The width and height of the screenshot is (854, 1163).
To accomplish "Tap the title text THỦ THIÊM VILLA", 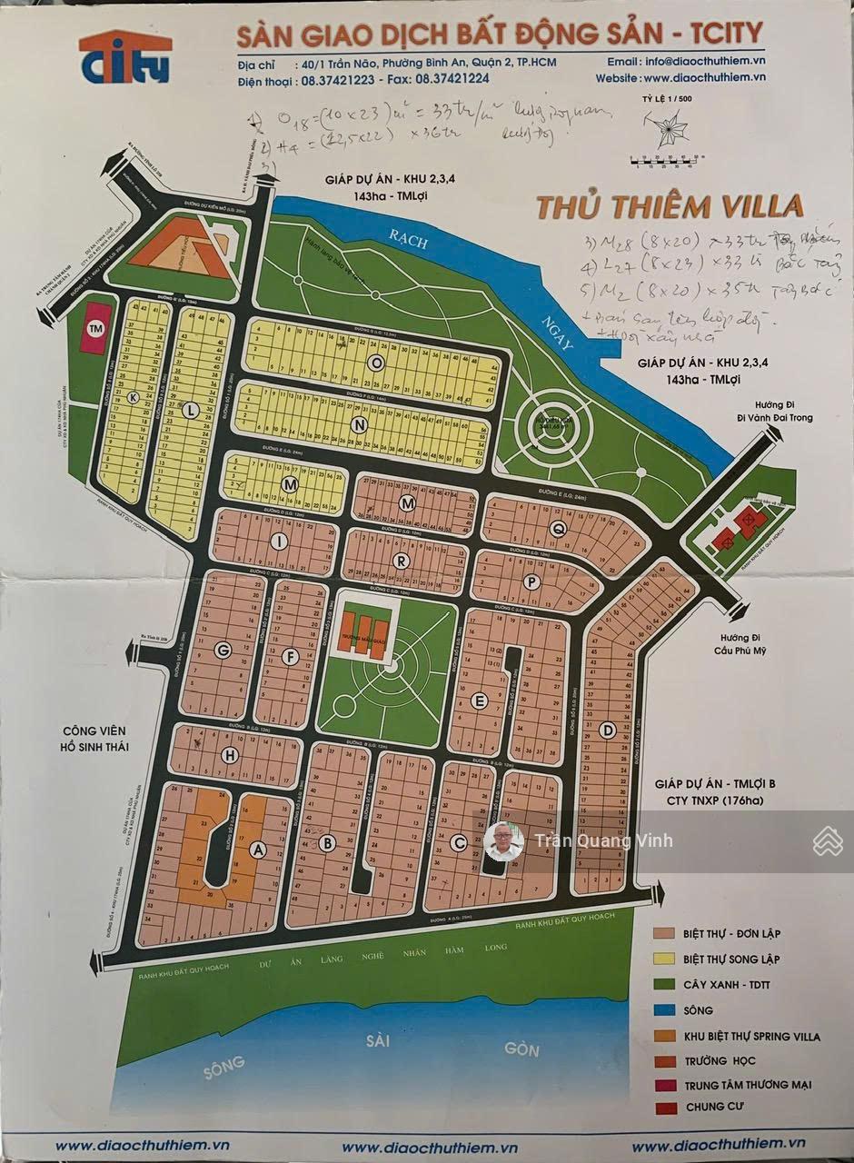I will click(670, 206).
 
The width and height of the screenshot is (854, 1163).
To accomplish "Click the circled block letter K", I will click(134, 398).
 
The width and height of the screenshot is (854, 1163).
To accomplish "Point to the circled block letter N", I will click(360, 424).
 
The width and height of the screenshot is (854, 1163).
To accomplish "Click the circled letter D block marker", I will click(608, 729).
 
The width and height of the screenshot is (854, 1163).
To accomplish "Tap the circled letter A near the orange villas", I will click(258, 850).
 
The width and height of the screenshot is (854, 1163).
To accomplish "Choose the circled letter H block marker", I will click(231, 755).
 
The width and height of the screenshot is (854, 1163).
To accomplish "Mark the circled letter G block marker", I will click(221, 651).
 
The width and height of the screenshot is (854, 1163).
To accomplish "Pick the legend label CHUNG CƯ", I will click(713, 1108).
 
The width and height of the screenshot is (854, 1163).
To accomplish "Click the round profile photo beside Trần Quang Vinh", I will click(503, 841).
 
